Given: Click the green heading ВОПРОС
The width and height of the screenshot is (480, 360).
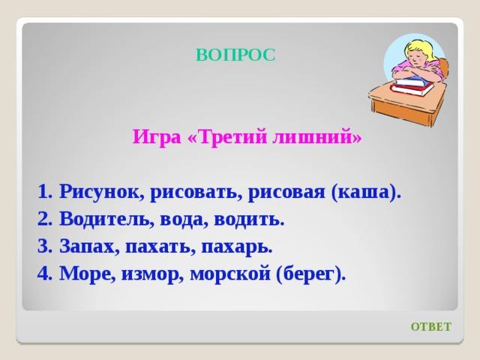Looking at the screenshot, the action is point(235,55).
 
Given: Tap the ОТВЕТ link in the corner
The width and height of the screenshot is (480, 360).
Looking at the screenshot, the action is point(430,327).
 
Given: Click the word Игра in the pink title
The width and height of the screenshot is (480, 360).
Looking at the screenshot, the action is point(157,136).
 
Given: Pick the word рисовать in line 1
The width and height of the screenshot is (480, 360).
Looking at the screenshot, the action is point(194,193).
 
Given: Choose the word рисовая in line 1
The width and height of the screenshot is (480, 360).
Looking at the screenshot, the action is point(286,193).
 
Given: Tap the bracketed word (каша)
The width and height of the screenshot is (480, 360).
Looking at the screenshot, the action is point(366,193).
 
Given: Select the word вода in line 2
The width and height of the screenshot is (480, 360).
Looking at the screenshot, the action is point(184,220).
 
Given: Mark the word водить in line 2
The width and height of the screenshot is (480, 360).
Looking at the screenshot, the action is point(249,220).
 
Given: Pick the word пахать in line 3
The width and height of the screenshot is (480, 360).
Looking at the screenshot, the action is point(160,247).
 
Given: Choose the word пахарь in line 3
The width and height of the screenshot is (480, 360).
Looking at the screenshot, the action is point(237,247).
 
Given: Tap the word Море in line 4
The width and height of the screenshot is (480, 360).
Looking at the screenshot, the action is point(88,273).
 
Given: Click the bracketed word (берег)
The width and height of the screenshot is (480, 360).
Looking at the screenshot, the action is point(310,273).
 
